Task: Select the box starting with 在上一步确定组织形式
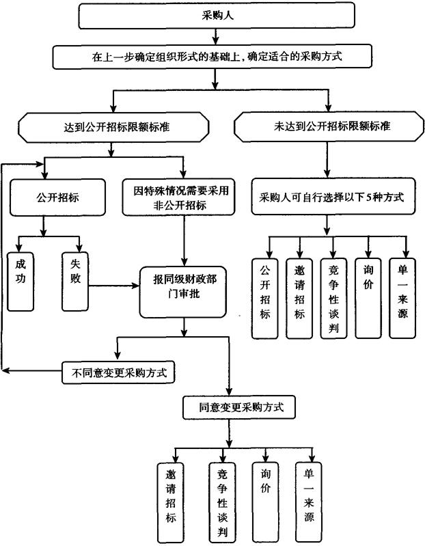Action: pos(217,57)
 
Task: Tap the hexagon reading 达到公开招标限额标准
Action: pos(113,126)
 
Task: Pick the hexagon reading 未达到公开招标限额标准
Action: pos(327,126)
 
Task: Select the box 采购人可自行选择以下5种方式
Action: pos(331,197)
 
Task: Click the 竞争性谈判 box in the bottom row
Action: pos(222,499)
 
